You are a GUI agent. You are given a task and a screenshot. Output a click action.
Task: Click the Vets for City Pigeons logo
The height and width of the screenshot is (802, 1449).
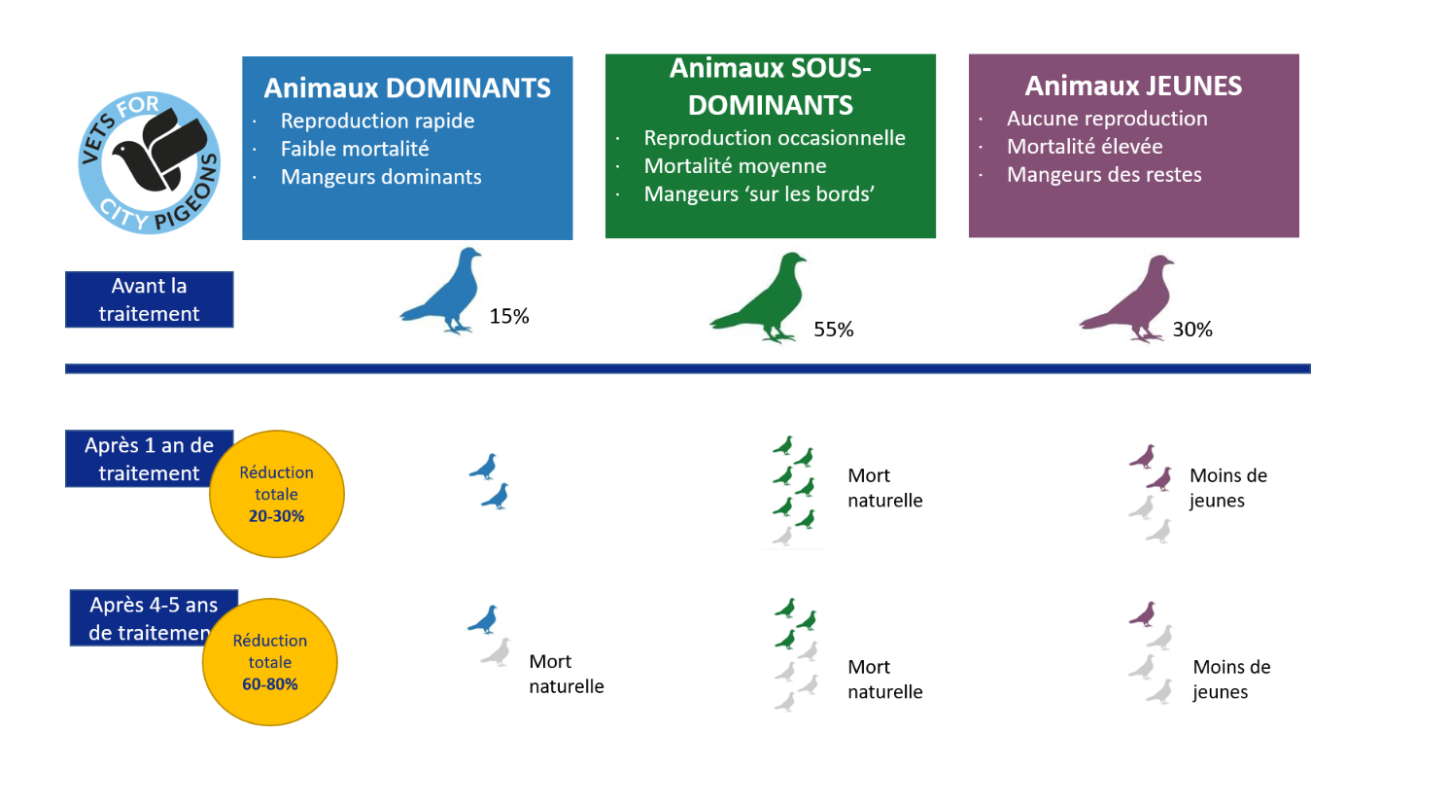(x=150, y=162)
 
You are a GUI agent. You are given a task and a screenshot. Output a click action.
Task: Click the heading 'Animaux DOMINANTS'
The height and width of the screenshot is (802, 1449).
(x=407, y=87)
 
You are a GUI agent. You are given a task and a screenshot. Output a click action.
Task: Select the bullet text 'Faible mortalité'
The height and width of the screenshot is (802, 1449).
(x=355, y=149)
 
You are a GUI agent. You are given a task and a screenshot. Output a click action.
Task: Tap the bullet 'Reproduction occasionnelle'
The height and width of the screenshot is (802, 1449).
(x=775, y=138)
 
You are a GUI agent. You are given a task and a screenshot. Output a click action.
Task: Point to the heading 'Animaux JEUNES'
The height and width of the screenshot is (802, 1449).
(x=1133, y=86)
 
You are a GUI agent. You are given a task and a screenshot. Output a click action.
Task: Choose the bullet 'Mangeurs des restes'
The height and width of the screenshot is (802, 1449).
(x=1104, y=175)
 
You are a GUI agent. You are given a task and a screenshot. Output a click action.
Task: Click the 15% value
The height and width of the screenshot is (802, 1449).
(x=509, y=316)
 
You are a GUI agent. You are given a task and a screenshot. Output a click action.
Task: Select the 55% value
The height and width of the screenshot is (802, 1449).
(x=833, y=330)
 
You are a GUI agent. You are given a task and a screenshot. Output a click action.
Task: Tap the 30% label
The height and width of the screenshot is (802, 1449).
(x=1192, y=330)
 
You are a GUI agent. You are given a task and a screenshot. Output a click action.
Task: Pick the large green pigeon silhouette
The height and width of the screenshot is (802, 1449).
(x=763, y=298)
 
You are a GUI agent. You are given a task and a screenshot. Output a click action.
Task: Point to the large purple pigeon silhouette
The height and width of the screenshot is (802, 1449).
(x=1131, y=299)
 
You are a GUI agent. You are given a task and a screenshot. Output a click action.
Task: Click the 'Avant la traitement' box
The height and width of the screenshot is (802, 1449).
(x=149, y=299)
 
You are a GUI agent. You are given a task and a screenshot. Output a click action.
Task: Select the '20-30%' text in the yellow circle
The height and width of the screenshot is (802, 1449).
(x=276, y=516)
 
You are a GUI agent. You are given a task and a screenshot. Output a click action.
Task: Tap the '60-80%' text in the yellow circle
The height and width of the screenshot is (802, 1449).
(x=270, y=684)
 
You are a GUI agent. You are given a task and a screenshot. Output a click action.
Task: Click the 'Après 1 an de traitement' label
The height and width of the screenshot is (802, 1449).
(x=149, y=459)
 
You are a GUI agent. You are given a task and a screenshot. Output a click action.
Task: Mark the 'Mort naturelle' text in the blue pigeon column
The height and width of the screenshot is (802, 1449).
(x=566, y=674)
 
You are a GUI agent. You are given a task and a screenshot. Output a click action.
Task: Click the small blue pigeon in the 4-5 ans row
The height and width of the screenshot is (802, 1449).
(x=484, y=620)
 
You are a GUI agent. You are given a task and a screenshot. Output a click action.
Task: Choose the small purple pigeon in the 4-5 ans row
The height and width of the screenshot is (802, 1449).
(x=1144, y=614)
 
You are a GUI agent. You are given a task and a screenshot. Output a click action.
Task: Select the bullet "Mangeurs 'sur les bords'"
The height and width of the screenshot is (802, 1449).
(x=759, y=194)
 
